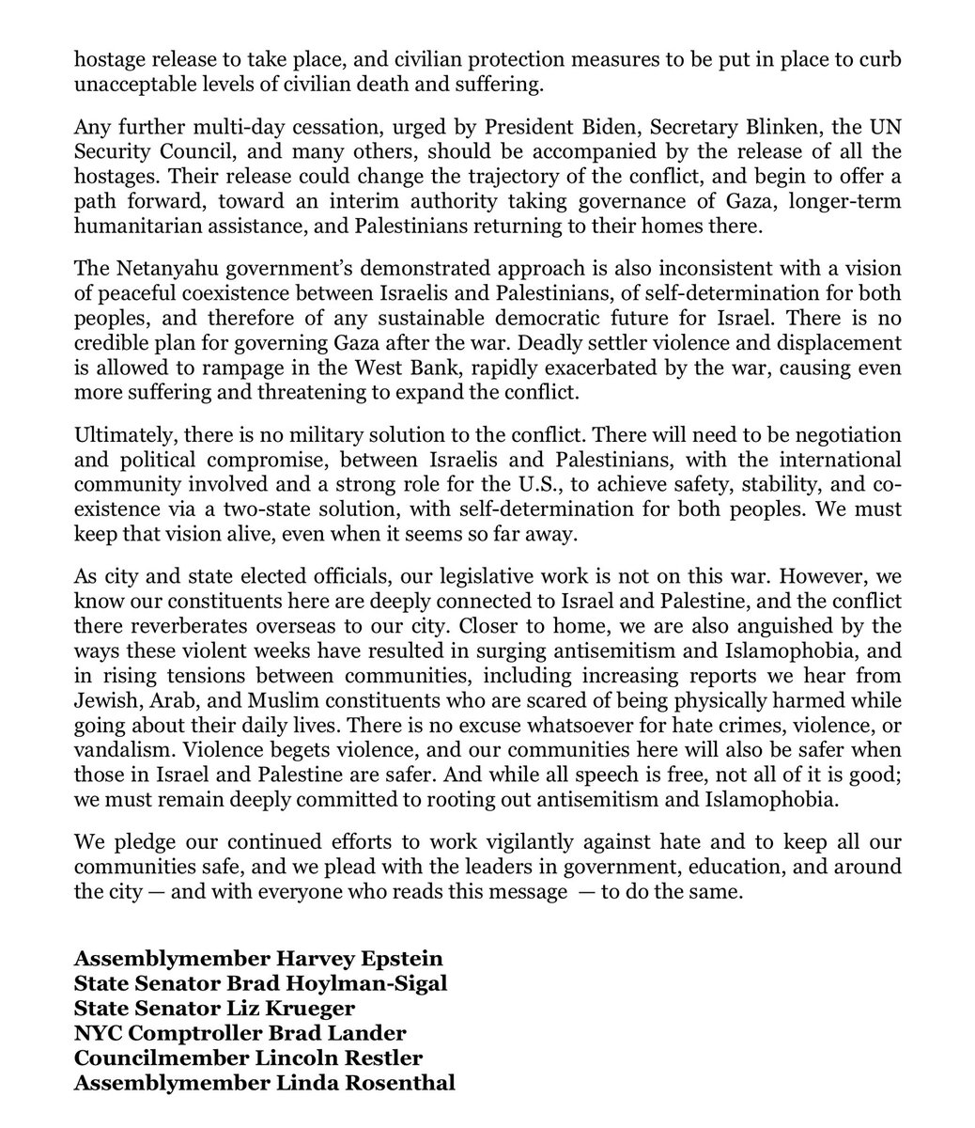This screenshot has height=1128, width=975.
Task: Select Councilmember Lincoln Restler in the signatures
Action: tap(248, 1058)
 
